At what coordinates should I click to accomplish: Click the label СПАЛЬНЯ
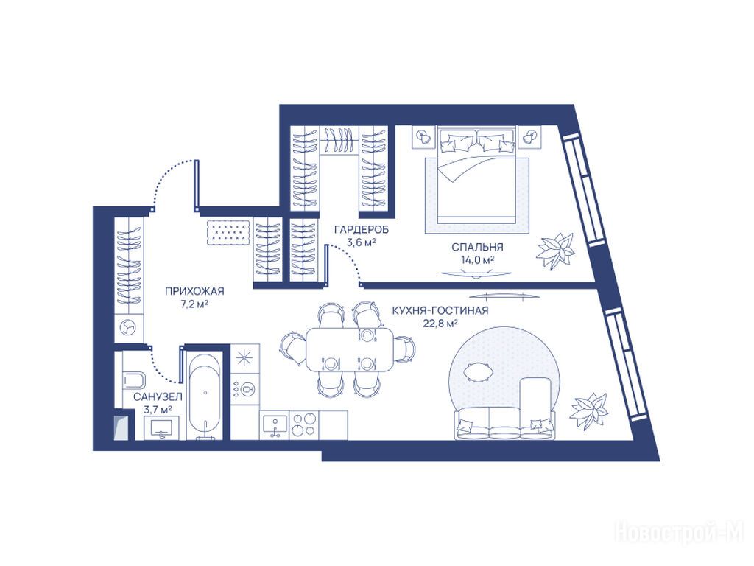point(477,248)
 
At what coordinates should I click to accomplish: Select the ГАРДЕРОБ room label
point(362,230)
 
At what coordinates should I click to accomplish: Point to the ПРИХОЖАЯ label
point(194,291)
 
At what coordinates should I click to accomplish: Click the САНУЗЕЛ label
point(158,397)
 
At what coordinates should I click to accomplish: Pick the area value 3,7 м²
point(158,410)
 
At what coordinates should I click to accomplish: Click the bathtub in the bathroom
point(205,396)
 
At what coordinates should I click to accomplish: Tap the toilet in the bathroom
point(134,380)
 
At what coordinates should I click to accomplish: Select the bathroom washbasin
point(163,427)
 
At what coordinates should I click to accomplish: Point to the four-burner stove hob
point(304,424)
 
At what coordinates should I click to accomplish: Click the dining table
point(350,349)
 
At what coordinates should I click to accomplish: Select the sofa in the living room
point(504,422)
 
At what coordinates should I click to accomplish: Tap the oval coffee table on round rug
point(477,372)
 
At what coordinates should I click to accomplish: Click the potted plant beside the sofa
point(589,410)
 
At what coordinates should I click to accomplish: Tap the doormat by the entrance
point(228,234)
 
